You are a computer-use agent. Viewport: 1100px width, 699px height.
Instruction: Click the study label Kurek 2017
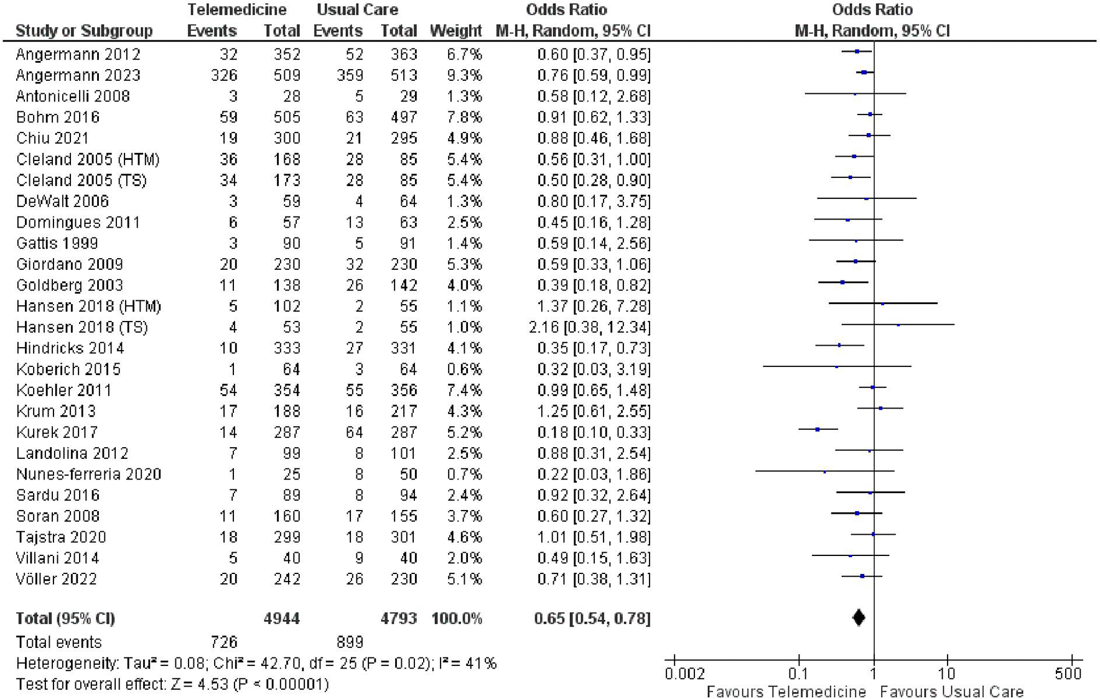pyautogui.click(x=57, y=432)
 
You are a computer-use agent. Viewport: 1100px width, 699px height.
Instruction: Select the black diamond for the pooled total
pyautogui.click(x=859, y=618)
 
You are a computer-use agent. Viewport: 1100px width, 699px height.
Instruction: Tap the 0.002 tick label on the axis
pyautogui.click(x=685, y=674)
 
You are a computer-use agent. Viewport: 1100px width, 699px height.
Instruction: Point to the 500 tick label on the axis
pyautogui.click(x=1068, y=674)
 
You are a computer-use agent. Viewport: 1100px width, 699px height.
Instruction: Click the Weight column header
pyautogui.click(x=455, y=31)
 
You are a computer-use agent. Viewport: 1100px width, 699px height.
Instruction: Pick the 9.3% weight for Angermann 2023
pyautogui.click(x=464, y=75)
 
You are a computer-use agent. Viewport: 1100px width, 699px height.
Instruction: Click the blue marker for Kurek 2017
pyautogui.click(x=818, y=429)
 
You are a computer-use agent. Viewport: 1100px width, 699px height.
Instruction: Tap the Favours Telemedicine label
pyautogui.click(x=786, y=692)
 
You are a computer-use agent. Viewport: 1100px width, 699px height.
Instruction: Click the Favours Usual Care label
pyautogui.click(x=951, y=692)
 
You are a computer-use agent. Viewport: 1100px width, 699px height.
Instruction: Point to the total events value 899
pyautogui.click(x=349, y=642)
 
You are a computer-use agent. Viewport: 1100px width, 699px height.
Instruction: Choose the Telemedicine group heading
pyautogui.click(x=236, y=10)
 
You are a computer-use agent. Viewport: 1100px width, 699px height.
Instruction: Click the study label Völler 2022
pyautogui.click(x=57, y=579)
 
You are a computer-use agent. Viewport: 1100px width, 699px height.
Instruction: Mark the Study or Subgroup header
pyautogui.click(x=84, y=31)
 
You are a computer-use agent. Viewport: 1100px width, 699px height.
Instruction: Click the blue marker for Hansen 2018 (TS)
pyautogui.click(x=898, y=325)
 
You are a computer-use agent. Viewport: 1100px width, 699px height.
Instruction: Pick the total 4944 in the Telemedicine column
pyautogui.click(x=281, y=618)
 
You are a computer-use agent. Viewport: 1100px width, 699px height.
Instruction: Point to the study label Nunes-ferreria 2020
pyautogui.click(x=88, y=474)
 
